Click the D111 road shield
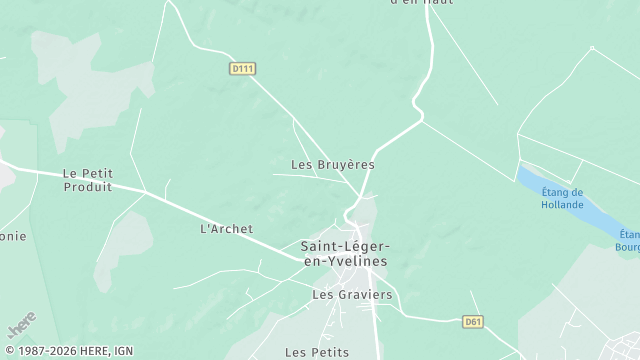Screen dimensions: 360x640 [242, 68]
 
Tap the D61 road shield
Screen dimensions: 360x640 [473, 322]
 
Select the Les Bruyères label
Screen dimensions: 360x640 [332, 164]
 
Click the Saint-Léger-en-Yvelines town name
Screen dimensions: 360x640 [345, 253]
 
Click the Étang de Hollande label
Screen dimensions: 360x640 [562, 198]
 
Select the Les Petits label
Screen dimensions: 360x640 [317, 352]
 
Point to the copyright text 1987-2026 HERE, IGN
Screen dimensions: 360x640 [68, 352]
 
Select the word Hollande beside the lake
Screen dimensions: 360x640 [562, 204]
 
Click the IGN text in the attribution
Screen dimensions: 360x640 [124, 352]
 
